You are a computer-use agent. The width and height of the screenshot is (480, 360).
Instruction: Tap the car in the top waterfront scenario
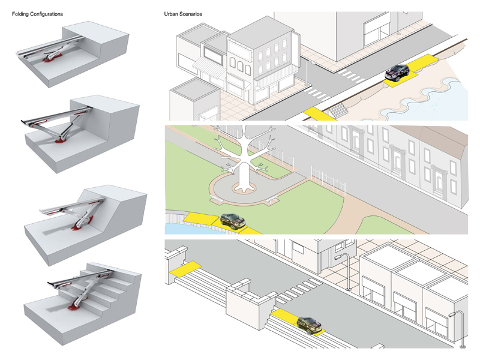pos(397,73)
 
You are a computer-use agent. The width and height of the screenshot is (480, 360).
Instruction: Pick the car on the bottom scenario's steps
pos(307,324)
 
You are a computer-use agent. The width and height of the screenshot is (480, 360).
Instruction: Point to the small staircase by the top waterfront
pos(340,110)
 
